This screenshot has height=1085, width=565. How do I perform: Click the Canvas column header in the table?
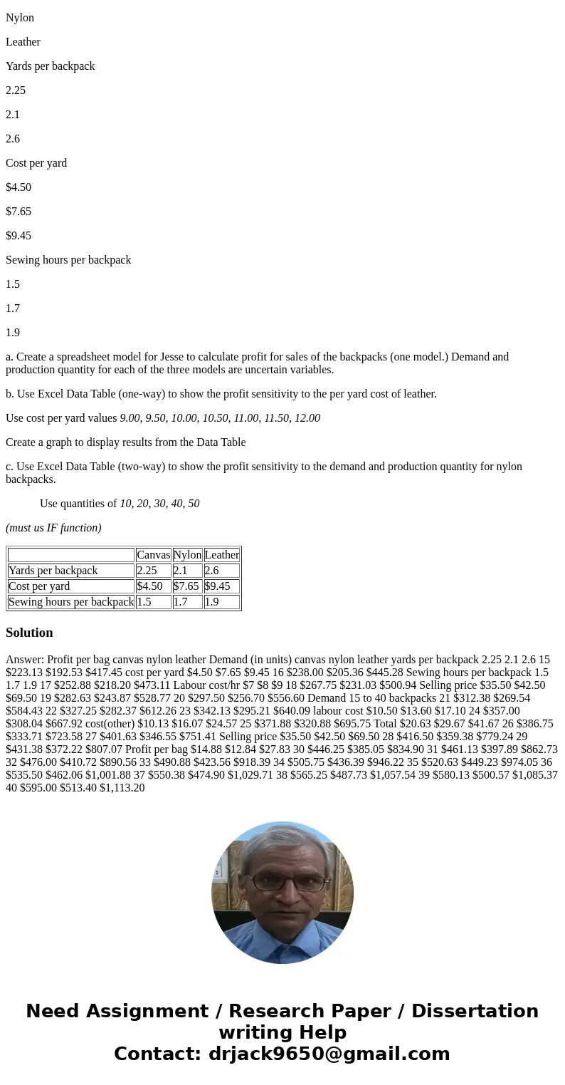154,555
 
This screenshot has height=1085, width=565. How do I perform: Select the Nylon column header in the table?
188,555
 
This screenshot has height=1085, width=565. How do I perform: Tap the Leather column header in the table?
222,555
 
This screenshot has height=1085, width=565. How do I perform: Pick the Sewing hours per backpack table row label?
71,602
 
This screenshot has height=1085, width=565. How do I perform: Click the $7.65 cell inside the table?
186,586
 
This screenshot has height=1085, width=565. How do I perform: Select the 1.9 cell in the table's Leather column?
211,602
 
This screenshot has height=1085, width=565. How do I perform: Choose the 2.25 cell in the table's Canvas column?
147,571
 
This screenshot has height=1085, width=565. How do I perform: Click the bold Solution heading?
29,633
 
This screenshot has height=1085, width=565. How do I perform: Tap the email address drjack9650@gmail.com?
329,1054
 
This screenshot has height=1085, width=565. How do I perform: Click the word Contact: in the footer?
158,1054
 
